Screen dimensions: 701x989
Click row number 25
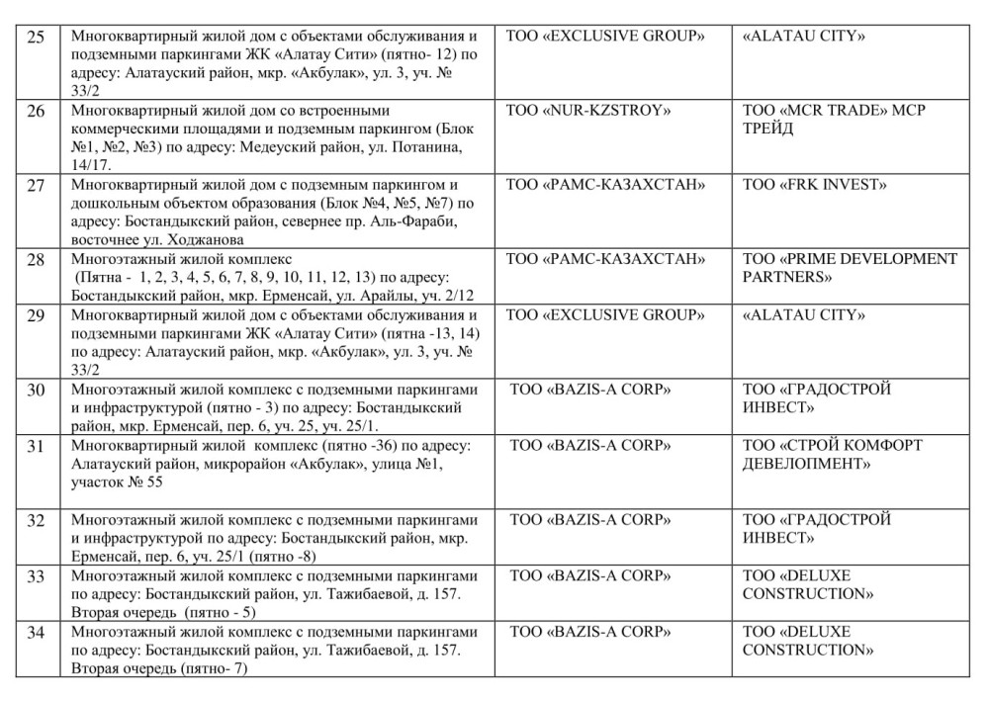pyautogui.click(x=36, y=39)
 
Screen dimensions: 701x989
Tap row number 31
pyautogui.click(x=36, y=447)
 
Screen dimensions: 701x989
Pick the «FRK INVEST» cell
pyautogui.click(x=815, y=185)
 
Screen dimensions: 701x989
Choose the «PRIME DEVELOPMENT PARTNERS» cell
pyautogui.click(x=850, y=268)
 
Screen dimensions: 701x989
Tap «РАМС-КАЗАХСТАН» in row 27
pyautogui.click(x=605, y=185)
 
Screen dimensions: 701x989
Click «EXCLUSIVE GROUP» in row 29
pyautogui.click(x=605, y=315)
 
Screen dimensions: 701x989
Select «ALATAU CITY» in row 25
pyautogui.click(x=803, y=37)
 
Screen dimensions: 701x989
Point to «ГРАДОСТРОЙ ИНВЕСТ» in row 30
pyautogui.click(x=816, y=398)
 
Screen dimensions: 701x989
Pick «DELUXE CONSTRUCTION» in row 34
pyautogui.click(x=808, y=641)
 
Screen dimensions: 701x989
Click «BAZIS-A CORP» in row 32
pyautogui.click(x=590, y=520)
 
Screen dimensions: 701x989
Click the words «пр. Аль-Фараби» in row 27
pyautogui.click(x=407, y=221)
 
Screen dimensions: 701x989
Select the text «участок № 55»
pyautogui.click(x=111, y=482)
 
